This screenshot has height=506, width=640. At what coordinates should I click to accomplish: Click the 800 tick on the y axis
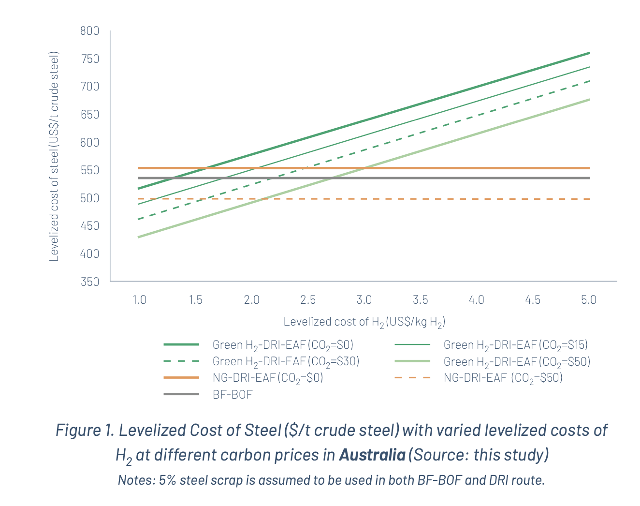90,31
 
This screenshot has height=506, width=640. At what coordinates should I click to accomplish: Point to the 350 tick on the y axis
90,282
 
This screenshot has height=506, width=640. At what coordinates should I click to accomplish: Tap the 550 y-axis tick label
90,170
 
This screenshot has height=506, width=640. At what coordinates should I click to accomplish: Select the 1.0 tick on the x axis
140,300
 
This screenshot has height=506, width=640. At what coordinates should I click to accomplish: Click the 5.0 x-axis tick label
588,300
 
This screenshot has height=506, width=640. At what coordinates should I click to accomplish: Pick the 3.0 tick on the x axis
364,300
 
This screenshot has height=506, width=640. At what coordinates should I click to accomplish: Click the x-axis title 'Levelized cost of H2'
364,322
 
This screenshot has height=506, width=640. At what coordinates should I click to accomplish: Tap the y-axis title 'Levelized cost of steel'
54,156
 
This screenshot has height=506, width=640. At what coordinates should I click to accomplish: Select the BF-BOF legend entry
233,394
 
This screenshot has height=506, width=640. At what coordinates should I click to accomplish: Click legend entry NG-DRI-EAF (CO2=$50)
503,378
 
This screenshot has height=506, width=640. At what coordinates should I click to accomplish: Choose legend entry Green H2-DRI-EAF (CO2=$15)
515,345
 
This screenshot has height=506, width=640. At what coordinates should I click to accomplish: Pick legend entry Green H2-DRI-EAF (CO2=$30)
286,361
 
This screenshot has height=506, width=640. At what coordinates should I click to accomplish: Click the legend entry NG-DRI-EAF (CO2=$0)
268,378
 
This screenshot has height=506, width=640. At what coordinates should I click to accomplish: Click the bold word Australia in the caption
372,455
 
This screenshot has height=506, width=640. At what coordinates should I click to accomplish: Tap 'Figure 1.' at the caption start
84,430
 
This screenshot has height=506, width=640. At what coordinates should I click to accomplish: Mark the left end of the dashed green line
138,220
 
